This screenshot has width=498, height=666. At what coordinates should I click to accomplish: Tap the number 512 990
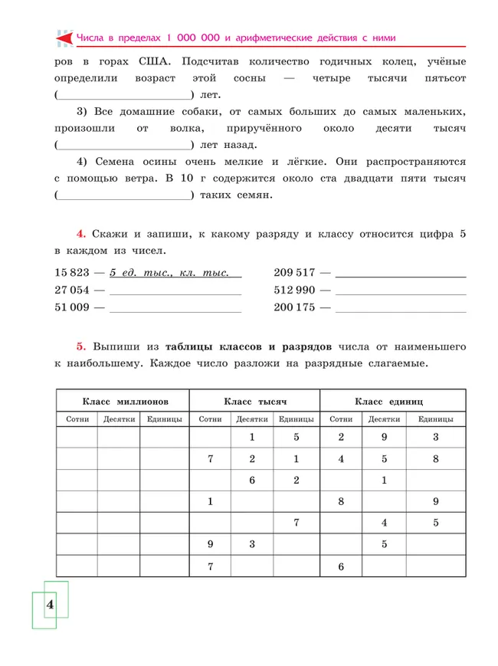click(295, 290)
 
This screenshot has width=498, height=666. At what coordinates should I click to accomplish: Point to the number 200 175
click(295, 308)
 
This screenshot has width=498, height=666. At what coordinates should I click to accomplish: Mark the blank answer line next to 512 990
click(401, 293)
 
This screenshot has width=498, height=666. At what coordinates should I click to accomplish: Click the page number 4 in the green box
click(50, 605)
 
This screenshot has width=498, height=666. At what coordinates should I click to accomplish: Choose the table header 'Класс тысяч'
click(254, 402)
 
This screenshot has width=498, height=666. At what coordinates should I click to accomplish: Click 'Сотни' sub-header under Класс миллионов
click(77, 419)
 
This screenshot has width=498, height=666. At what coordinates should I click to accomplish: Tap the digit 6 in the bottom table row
click(341, 566)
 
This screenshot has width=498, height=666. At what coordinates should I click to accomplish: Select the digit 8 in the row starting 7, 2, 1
click(435, 459)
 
